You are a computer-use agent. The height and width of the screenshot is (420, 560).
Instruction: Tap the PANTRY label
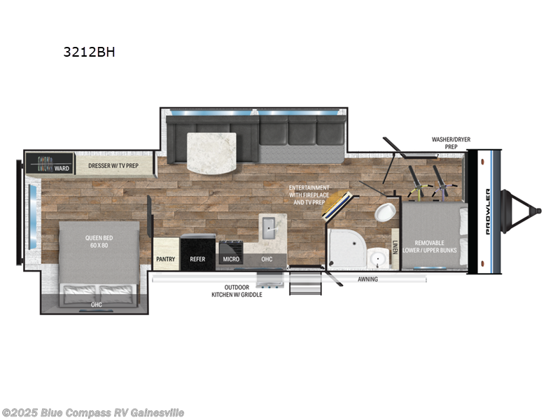click(x=165, y=259)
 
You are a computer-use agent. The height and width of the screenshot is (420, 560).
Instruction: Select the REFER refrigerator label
click(x=197, y=259)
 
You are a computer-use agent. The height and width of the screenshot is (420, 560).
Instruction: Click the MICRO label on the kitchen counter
click(x=230, y=259)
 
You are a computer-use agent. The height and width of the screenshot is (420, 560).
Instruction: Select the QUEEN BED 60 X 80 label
click(x=99, y=241)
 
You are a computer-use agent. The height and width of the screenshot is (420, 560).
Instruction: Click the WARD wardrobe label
click(x=62, y=168)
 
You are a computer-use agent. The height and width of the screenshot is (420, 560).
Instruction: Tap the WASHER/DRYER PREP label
click(x=451, y=143)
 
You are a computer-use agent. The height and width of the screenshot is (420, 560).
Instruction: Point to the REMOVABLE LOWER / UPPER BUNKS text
click(x=435, y=245)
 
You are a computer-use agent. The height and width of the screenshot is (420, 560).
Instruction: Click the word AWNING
click(x=367, y=279)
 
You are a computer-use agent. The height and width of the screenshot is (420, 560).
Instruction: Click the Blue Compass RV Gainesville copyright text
click(x=92, y=412)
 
